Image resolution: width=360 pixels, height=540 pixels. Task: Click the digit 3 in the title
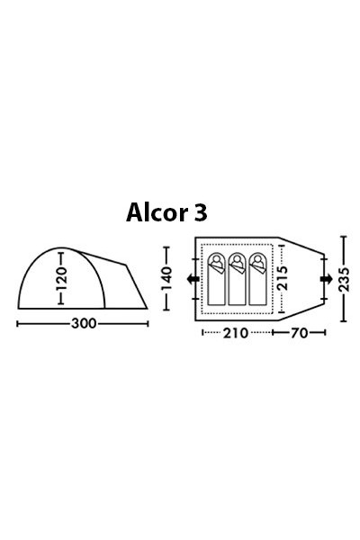tap(200, 212)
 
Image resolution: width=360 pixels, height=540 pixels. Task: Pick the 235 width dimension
tap(343, 280)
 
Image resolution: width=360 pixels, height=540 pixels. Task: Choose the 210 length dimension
tap(236, 334)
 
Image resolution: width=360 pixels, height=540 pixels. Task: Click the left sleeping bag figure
tap(218, 280)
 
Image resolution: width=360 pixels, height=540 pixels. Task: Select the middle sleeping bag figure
tap(238, 280)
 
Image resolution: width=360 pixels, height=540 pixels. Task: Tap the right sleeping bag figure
tap(259, 280)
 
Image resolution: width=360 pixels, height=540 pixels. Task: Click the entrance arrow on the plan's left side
tap(192, 281)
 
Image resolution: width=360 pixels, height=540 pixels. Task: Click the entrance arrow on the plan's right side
tap(324, 281)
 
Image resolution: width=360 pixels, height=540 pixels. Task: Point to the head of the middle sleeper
tap(238, 262)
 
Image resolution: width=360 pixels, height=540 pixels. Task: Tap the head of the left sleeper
tap(218, 262)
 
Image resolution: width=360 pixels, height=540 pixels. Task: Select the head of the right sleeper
tap(259, 262)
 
